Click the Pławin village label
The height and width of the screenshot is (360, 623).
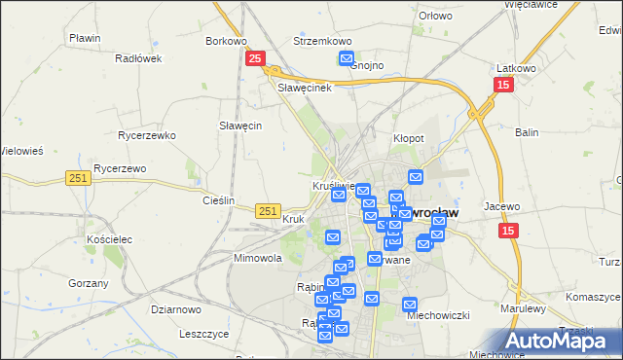point(86,38)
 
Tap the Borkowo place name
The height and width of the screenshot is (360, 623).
point(226,42)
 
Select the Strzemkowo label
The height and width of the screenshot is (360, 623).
point(322,42)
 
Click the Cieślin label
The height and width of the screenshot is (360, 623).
point(219,200)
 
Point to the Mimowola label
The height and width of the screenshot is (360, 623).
point(257,259)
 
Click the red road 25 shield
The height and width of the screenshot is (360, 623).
point(254,59)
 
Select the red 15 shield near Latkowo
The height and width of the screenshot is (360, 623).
point(502,86)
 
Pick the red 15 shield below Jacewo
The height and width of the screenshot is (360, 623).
point(509,231)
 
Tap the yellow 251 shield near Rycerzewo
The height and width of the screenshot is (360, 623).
point(80,177)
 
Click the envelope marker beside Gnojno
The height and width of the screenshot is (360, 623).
point(347,58)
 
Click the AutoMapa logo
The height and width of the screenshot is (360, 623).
point(564,341)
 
